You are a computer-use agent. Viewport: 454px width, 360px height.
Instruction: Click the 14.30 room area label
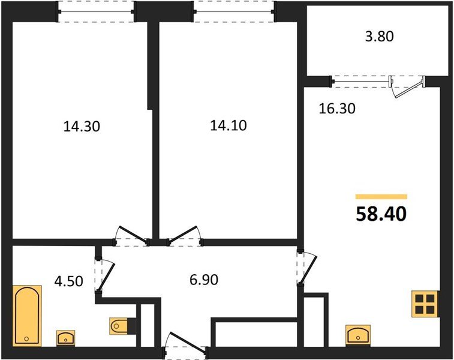pyautogui.click(x=81, y=127)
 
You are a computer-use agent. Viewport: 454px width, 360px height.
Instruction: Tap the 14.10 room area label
pyautogui.click(x=228, y=126)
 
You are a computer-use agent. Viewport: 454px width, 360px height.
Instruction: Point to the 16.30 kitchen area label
pyautogui.click(x=336, y=109)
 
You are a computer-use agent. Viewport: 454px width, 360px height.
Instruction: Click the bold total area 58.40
pyautogui.click(x=381, y=213)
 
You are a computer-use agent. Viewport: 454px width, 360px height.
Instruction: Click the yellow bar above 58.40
pyautogui.click(x=381, y=196)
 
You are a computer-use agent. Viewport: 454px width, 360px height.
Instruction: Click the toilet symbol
pyautogui.click(x=119, y=326)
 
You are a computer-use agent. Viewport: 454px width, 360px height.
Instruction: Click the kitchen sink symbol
pyautogui.click(x=358, y=334)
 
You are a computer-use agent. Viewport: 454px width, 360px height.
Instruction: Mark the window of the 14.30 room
pyautogui.click(x=96, y=10)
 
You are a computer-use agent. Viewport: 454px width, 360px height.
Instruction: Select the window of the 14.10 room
pyautogui.click(x=234, y=10)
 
